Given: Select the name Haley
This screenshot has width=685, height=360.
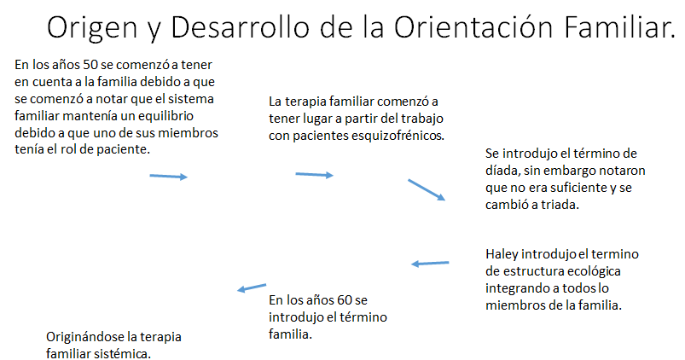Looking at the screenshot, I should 503,253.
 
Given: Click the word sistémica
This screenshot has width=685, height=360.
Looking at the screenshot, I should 125,352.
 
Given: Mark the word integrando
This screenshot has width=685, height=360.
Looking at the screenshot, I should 515,288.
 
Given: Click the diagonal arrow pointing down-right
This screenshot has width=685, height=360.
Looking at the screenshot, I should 427,189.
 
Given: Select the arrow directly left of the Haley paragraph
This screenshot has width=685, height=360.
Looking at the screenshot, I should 431,263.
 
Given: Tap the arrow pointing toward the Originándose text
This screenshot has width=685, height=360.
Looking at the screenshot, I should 252,287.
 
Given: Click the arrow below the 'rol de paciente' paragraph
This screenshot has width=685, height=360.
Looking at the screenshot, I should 168,176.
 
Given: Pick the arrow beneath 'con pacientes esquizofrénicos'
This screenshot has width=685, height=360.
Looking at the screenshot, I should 314,175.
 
